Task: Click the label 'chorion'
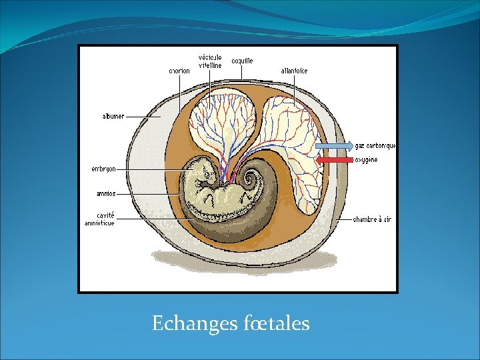pos(179,69)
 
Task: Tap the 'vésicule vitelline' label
pos(210,61)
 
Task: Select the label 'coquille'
pos(242,61)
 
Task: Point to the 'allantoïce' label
pos(294,71)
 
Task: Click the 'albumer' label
pos(113,116)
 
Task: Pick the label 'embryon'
pos(103,169)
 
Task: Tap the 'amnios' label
pos(105,194)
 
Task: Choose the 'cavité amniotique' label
pos(99,219)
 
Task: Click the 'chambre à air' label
pos(372,219)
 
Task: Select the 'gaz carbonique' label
pos(375,145)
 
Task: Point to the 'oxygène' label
pos(366,160)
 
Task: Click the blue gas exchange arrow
pos(333,145)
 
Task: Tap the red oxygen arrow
pos(335,160)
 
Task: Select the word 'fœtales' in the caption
pos(277,324)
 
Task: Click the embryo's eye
pos(207,175)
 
